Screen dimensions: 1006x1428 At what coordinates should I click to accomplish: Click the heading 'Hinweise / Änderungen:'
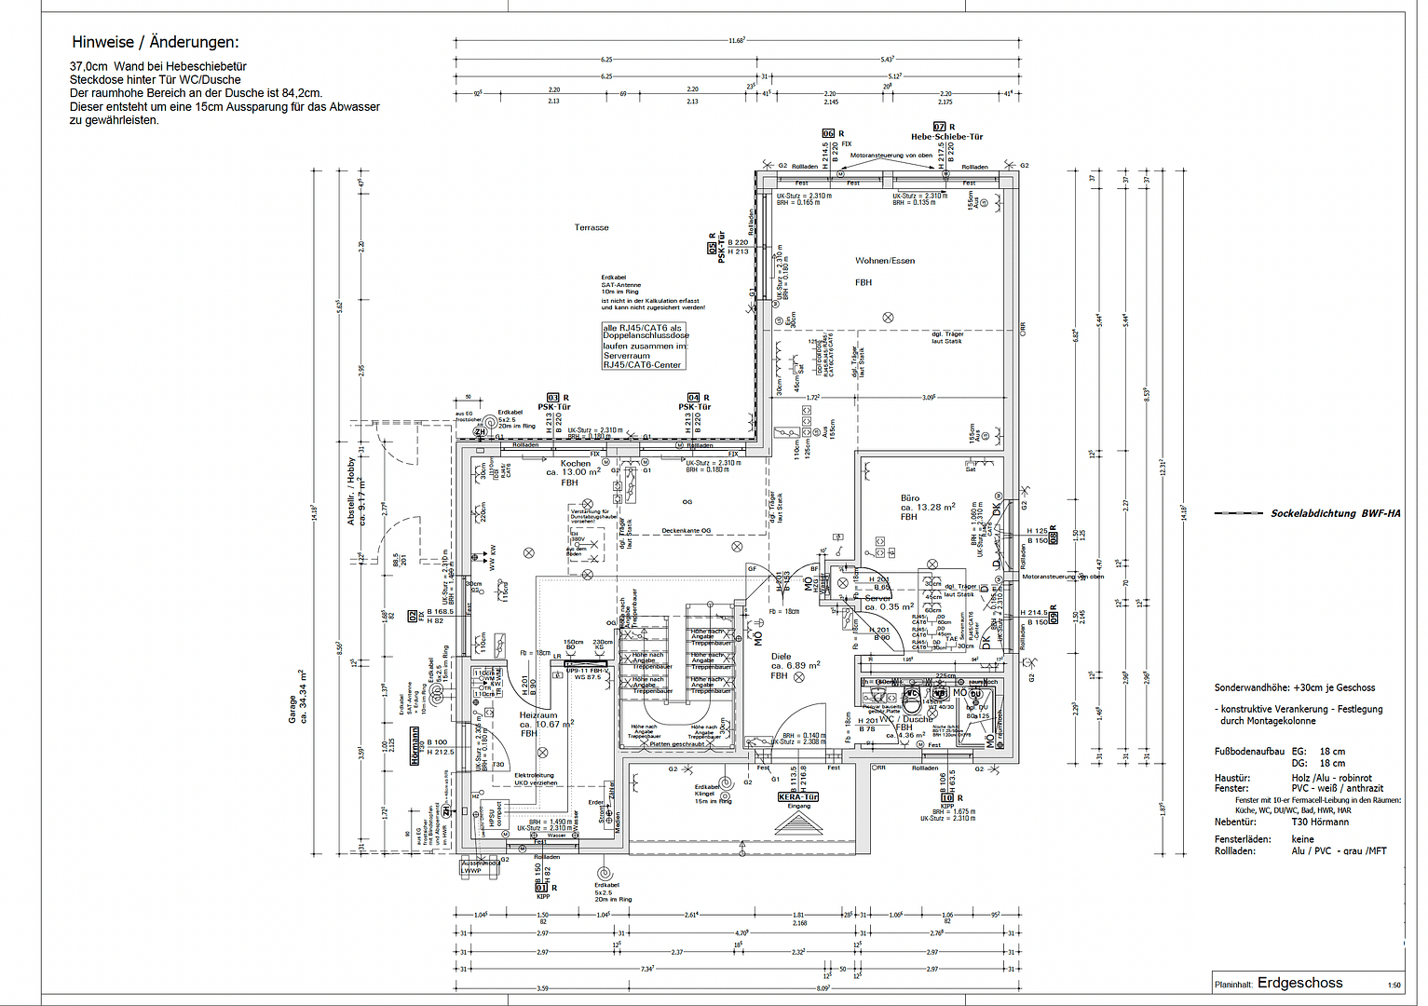pyautogui.click(x=155, y=42)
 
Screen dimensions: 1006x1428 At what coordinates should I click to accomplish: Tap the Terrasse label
pyautogui.click(x=592, y=227)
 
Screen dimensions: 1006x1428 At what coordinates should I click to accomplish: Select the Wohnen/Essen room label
pyautogui.click(x=885, y=261)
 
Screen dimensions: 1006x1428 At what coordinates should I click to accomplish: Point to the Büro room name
pyautogui.click(x=910, y=498)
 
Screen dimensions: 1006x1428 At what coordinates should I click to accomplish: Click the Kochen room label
pyautogui.click(x=575, y=463)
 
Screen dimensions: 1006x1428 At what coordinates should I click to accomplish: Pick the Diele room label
pyautogui.click(x=781, y=657)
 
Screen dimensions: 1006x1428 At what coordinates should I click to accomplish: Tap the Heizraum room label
pyautogui.click(x=537, y=715)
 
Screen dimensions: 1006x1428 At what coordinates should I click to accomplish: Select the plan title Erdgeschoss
pyautogui.click(x=1299, y=983)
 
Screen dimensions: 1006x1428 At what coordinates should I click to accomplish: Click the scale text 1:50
pyautogui.click(x=1394, y=986)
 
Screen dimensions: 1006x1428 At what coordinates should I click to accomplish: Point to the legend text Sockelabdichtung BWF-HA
pyautogui.click(x=1335, y=513)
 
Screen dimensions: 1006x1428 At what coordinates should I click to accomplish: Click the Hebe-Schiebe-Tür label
pyautogui.click(x=946, y=137)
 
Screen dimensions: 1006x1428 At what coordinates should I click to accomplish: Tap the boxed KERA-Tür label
pyautogui.click(x=798, y=797)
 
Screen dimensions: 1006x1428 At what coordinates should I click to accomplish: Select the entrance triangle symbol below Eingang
pyautogui.click(x=798, y=822)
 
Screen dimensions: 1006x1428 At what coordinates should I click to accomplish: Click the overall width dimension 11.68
pyautogui.click(x=736, y=40)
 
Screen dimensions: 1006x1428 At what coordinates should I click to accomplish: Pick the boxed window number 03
pyautogui.click(x=552, y=398)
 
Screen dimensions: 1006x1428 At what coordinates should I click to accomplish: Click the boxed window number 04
pyautogui.click(x=693, y=398)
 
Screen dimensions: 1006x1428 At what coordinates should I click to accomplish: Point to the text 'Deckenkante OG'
pyautogui.click(x=687, y=531)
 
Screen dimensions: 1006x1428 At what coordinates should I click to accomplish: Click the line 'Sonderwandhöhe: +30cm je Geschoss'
pyautogui.click(x=1294, y=687)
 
